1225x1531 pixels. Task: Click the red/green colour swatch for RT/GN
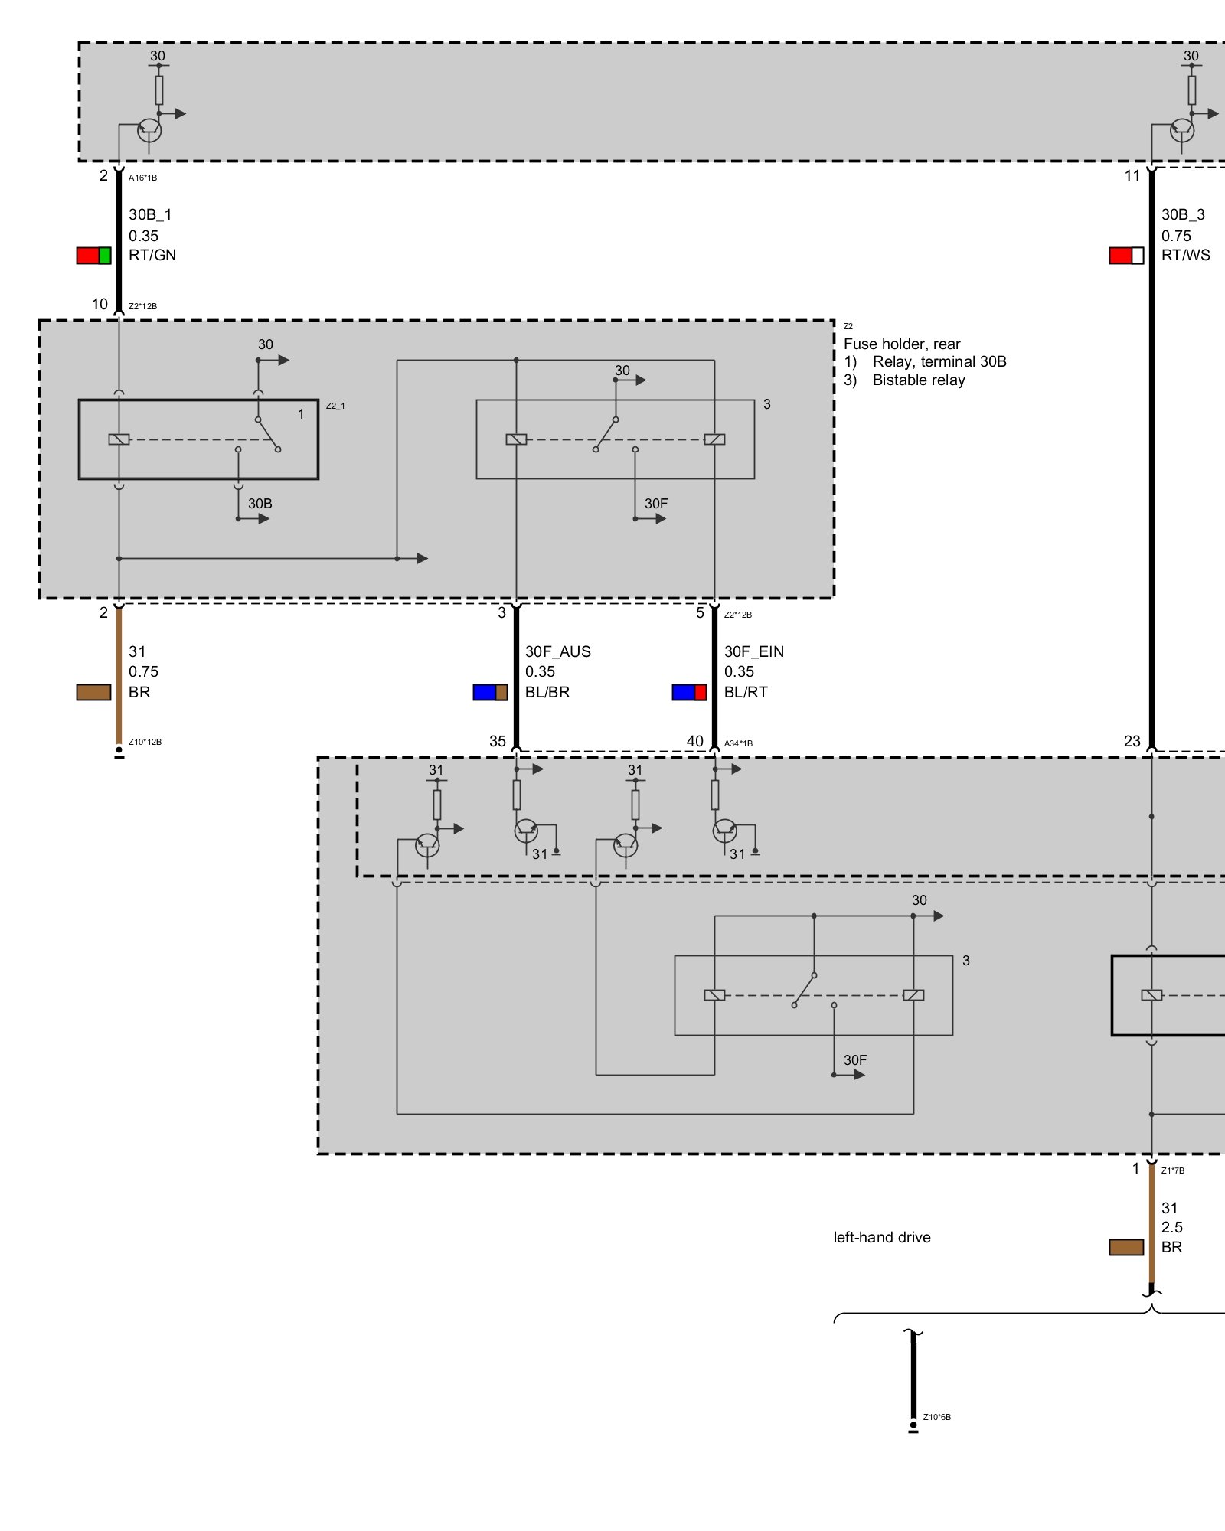pyautogui.click(x=93, y=256)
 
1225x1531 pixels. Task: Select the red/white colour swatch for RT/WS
pyautogui.click(x=1126, y=256)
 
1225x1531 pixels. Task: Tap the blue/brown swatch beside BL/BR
pyautogui.click(x=490, y=693)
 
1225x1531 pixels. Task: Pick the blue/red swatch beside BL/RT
pyautogui.click(x=689, y=693)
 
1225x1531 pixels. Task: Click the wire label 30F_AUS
pyautogui.click(x=557, y=651)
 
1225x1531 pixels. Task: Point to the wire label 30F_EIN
pyautogui.click(x=754, y=651)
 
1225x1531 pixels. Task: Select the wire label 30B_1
pyautogui.click(x=150, y=215)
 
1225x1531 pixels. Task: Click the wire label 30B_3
pyautogui.click(x=1183, y=215)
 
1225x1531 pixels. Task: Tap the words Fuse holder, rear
pyautogui.click(x=902, y=344)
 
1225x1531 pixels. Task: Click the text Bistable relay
pyautogui.click(x=919, y=380)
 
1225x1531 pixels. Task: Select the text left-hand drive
pyautogui.click(x=882, y=1238)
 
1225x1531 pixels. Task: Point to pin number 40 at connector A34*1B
pyautogui.click(x=694, y=741)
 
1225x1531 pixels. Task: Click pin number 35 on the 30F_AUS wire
pyautogui.click(x=498, y=741)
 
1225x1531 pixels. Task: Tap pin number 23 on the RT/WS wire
pyautogui.click(x=1132, y=741)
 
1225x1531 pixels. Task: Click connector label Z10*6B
pyautogui.click(x=937, y=1417)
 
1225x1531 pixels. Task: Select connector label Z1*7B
pyautogui.click(x=1173, y=1170)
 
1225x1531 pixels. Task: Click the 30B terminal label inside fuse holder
pyautogui.click(x=260, y=504)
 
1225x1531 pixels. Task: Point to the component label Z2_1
pyautogui.click(x=335, y=406)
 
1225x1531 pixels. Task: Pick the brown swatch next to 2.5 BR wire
pyautogui.click(x=1126, y=1248)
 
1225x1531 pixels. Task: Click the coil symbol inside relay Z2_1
pyautogui.click(x=119, y=439)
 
